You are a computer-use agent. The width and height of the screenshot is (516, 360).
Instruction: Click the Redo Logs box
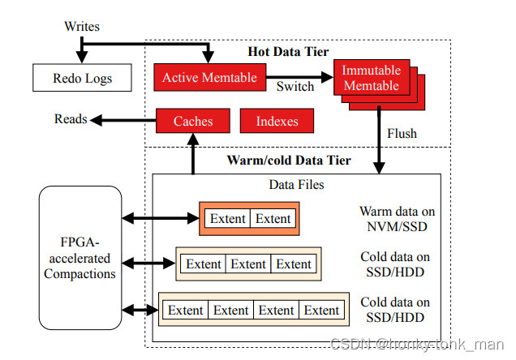pos(82,78)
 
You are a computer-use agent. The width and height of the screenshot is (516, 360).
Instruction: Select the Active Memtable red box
pos(209,78)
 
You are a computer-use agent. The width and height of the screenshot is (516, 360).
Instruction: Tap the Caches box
pos(193,121)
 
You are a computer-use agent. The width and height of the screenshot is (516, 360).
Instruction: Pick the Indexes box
pos(277,121)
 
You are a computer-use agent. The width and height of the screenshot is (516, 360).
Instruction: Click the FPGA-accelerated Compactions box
pos(80,258)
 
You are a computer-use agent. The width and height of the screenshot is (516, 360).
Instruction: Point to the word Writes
pos(81,27)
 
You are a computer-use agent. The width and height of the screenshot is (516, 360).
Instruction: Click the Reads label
pos(71,119)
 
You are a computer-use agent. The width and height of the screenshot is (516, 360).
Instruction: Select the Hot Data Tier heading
pos(288,51)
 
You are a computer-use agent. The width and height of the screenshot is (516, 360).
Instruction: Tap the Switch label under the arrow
pos(295,86)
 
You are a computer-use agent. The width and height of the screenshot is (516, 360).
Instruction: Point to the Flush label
pos(402,132)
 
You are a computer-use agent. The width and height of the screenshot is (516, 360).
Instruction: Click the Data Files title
pos(296,184)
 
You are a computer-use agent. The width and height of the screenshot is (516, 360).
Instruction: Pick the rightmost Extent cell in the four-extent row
pos(321,310)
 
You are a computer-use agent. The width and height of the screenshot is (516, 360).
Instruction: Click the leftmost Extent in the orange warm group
pos(227,218)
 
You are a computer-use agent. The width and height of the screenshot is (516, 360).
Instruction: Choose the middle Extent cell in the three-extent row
pos(248,264)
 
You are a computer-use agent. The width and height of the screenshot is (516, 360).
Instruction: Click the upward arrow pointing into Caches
pos(193,154)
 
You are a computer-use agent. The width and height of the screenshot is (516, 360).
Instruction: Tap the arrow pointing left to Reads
pos(122,120)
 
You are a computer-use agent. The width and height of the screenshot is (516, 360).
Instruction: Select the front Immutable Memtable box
pos(371,79)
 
